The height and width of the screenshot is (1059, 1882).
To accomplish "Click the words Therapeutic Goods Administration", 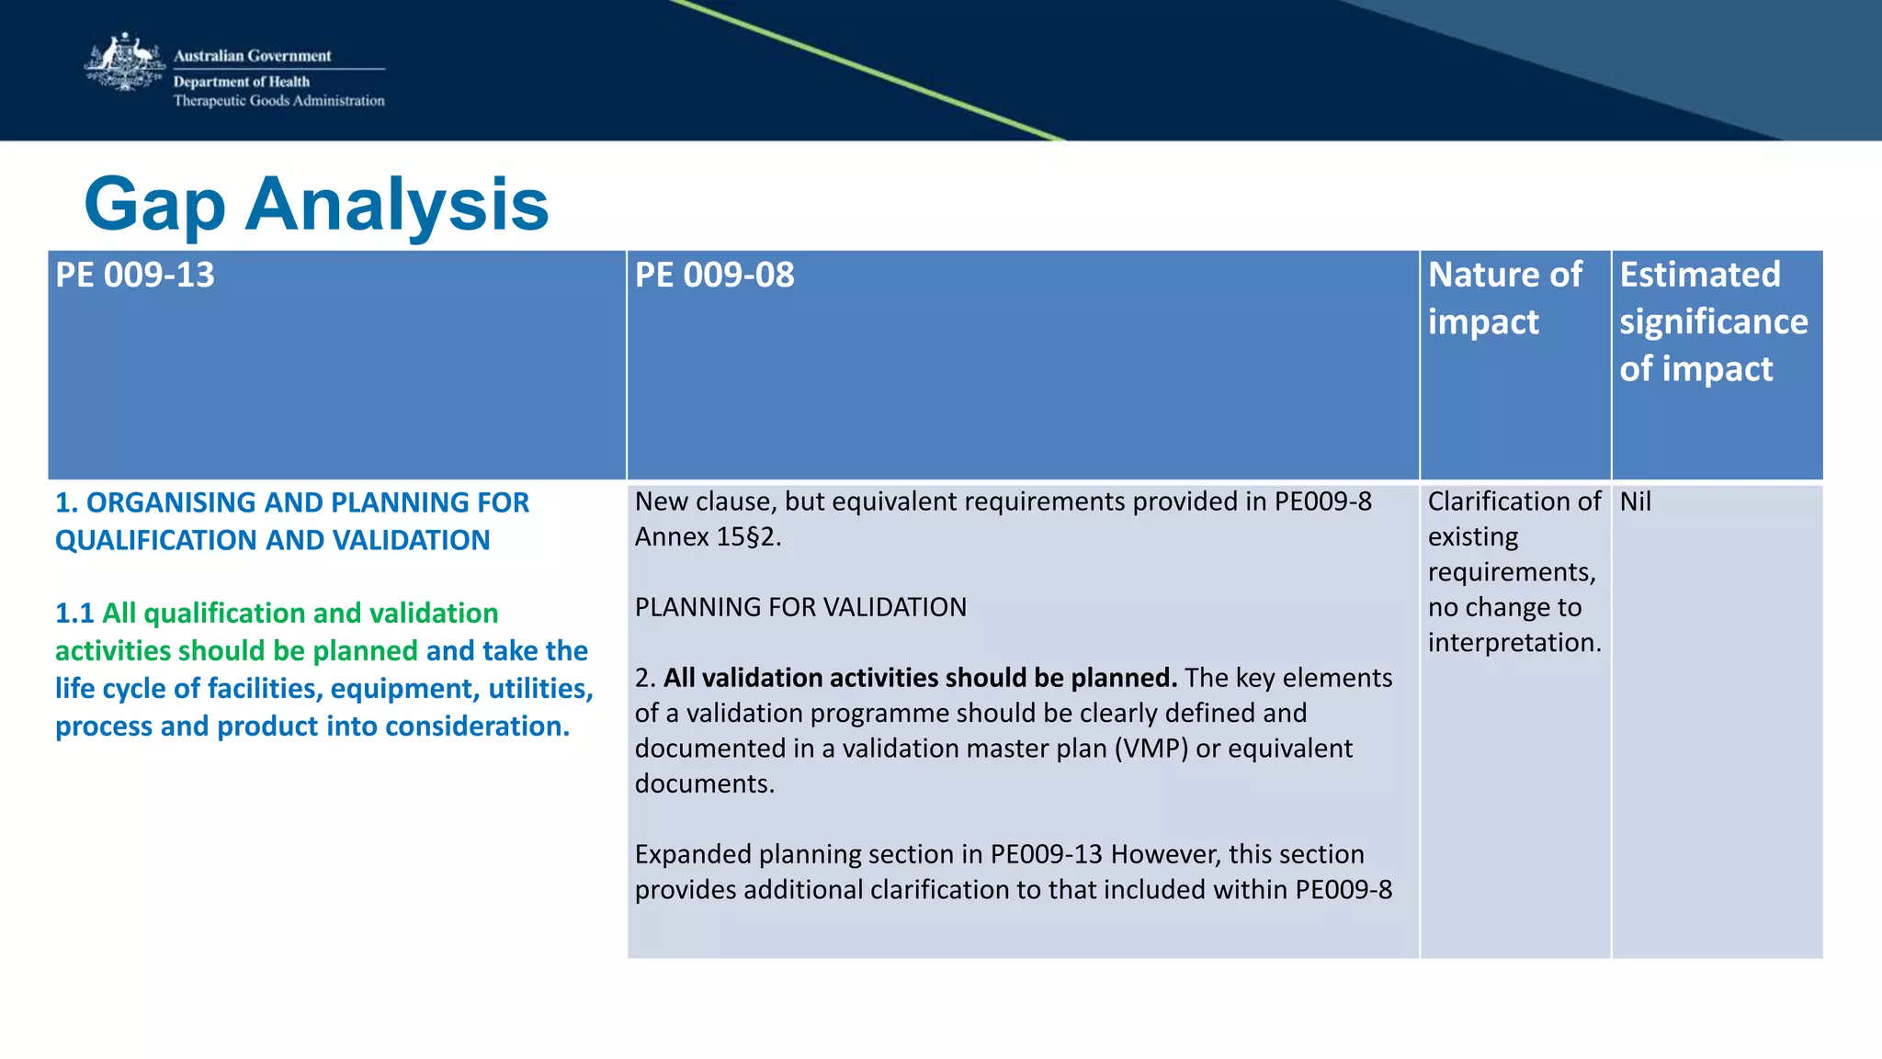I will tap(278, 101).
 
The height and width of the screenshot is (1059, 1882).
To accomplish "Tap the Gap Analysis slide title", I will tap(316, 204).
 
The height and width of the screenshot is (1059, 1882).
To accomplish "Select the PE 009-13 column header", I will tap(135, 276).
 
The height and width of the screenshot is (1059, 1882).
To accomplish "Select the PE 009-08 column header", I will tap(714, 276).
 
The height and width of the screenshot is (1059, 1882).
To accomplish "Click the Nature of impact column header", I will tap(1504, 298).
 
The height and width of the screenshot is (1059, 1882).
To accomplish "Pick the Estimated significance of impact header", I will tap(1713, 321).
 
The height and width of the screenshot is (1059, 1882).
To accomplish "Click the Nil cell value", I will tap(1635, 501).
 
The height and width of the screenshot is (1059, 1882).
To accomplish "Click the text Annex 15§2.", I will tap(708, 537).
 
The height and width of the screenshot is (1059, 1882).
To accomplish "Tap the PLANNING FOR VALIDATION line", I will tap(800, 607).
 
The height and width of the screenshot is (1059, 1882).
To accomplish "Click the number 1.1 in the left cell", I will tap(74, 614).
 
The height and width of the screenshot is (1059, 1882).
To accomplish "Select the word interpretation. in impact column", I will tap(1514, 643).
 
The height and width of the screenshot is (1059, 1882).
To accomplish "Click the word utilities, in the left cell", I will tap(540, 689).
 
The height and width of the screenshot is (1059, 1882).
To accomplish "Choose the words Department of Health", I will tap(242, 82).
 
